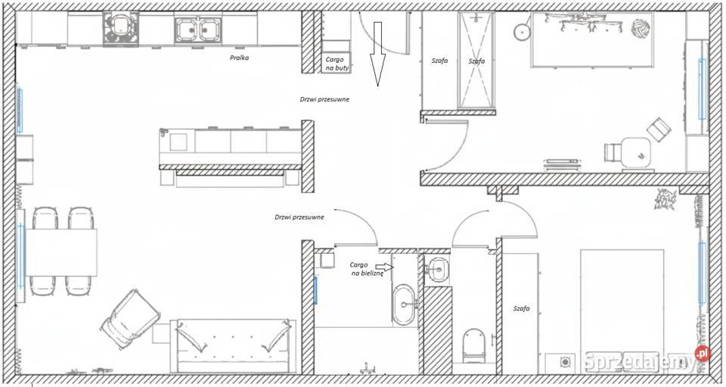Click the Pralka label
tap(240, 58)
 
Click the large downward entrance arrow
tap(377, 54)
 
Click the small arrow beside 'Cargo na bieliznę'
tap(384, 267)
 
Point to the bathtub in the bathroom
tap(404, 304)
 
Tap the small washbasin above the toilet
tap(436, 268)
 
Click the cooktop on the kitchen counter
tap(120, 29)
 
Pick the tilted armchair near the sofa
tap(130, 319)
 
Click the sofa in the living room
tap(233, 345)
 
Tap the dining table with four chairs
tap(61, 252)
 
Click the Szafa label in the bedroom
tap(521, 308)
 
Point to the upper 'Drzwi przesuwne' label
tap(324, 98)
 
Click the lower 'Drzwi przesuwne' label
tap(299, 217)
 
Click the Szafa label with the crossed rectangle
tap(476, 61)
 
